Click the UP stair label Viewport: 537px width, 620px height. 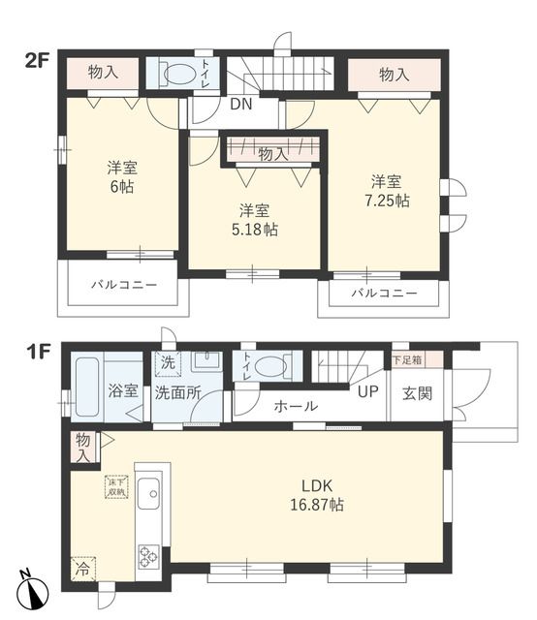[367, 392]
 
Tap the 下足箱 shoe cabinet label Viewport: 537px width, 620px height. [406, 359]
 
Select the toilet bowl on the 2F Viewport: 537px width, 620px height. [177, 75]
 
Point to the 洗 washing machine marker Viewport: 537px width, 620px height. [167, 364]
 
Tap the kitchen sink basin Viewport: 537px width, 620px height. [151, 498]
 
